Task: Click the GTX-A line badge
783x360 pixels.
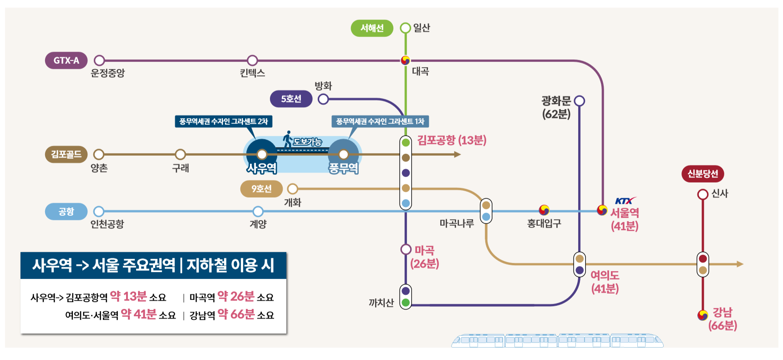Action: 66,61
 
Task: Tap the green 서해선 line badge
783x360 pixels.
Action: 372,28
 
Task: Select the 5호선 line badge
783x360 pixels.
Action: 291,99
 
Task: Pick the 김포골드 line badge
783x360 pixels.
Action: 66,154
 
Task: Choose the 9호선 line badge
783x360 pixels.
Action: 261,188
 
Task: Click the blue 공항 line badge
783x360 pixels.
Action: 66,212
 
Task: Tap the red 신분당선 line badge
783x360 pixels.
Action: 702,174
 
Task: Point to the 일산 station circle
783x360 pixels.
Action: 405,28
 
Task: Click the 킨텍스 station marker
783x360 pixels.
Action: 252,61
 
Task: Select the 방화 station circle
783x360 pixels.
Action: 323,99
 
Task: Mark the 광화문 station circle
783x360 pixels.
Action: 579,101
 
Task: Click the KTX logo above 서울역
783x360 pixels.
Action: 625,201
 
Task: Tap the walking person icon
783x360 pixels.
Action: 287,139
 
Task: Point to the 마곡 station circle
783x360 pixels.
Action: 406,249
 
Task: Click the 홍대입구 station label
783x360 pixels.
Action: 544,223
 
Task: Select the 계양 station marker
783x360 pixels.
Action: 258,212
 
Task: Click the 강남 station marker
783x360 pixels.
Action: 703,315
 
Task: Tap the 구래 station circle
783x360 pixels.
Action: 180,154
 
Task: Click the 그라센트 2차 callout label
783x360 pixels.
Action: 224,122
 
